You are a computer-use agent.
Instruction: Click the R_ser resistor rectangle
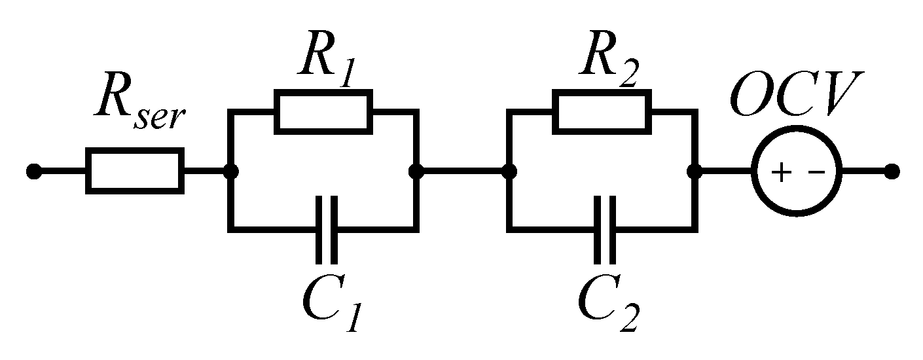click(134, 171)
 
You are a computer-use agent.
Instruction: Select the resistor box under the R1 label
click(323, 112)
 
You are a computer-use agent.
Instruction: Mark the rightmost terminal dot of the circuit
click(890, 171)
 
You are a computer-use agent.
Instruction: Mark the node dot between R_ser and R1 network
click(230, 171)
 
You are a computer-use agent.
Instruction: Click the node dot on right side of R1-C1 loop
click(416, 171)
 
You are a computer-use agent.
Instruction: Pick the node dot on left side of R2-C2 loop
click(509, 171)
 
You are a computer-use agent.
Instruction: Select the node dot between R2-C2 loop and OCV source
click(695, 171)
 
